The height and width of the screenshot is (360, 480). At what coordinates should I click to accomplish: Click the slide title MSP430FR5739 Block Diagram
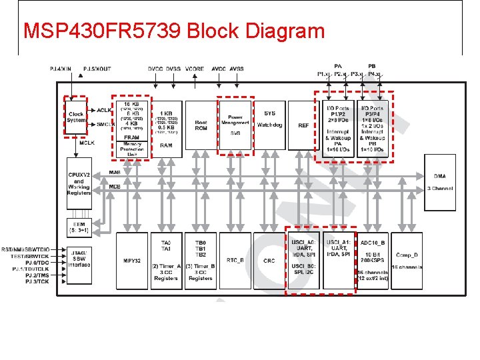tap(174, 31)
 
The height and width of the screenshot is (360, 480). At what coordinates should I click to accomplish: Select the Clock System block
tap(76, 117)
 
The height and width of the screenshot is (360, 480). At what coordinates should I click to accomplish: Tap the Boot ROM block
tap(201, 125)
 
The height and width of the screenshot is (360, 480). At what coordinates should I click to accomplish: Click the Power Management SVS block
tap(235, 125)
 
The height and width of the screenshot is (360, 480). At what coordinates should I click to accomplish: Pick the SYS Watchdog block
tap(270, 125)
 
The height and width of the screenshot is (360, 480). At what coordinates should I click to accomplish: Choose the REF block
tap(304, 125)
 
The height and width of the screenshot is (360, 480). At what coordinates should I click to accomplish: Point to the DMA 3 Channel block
tap(440, 182)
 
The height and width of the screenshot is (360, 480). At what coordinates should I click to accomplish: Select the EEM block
tap(79, 227)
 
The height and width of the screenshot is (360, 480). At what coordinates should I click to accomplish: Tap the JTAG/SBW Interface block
tap(79, 261)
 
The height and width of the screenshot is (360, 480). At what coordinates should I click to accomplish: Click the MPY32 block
tap(131, 261)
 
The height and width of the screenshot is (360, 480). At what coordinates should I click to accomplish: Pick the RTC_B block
tap(235, 261)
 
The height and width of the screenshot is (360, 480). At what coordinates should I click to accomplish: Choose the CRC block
tap(269, 261)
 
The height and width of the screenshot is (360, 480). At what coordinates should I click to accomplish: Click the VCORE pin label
tap(194, 69)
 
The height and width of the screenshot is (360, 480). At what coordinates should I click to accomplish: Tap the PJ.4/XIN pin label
tap(61, 69)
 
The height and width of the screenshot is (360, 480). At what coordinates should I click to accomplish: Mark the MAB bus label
tap(115, 173)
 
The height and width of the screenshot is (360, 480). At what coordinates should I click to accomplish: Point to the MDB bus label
tap(115, 187)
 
